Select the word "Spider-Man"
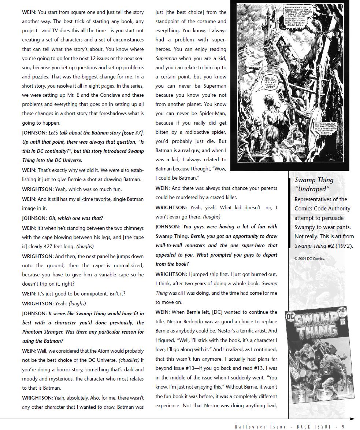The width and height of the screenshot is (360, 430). [x=212, y=113]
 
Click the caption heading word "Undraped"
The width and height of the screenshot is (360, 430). [x=312, y=189]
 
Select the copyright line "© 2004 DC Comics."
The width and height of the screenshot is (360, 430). [x=309, y=258]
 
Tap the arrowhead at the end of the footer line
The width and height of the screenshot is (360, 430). [x=352, y=419]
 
